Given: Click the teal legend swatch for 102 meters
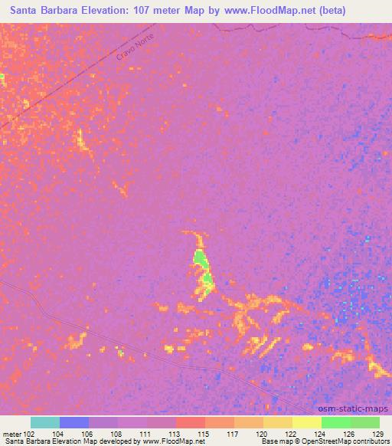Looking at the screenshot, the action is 45,422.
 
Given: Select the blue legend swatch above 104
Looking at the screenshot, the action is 74,422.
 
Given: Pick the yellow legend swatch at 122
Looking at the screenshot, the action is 277,422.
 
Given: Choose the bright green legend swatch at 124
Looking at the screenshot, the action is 335,422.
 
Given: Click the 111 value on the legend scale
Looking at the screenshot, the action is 142,434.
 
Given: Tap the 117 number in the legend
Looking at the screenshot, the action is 230,434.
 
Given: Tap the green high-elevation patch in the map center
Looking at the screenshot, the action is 201,261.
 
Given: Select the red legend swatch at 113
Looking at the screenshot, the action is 190,422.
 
